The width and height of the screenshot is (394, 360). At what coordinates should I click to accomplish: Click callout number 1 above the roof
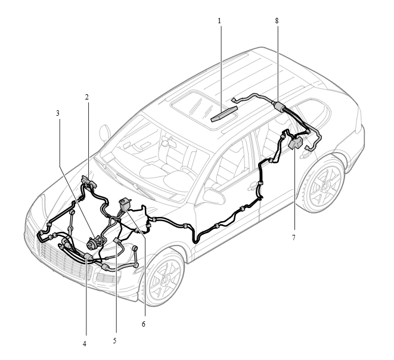(x=219, y=21)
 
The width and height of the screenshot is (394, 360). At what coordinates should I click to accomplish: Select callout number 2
(x=86, y=97)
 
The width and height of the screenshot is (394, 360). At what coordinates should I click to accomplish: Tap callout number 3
(x=58, y=113)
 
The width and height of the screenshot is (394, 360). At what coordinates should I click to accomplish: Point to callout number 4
(x=85, y=344)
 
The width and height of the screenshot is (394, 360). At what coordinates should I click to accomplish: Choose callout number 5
(x=114, y=341)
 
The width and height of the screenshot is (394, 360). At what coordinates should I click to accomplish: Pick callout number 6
(x=144, y=324)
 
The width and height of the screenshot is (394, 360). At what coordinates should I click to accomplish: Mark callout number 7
(x=293, y=237)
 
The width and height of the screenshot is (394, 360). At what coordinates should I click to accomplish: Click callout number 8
(x=277, y=21)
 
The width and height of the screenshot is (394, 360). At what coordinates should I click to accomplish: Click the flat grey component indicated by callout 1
(x=224, y=114)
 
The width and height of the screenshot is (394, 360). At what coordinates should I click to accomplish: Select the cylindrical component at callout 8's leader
(x=279, y=105)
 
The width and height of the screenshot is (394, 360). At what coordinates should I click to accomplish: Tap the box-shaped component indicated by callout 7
(x=296, y=144)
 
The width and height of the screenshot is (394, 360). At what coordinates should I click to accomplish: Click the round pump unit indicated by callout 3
(x=92, y=243)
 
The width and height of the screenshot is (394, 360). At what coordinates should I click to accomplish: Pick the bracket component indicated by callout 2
(x=89, y=182)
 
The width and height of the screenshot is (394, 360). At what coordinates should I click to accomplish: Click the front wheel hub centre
(x=165, y=278)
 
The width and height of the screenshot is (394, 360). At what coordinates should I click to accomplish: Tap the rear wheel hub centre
(x=325, y=186)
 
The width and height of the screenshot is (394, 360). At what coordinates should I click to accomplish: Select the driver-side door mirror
(x=213, y=196)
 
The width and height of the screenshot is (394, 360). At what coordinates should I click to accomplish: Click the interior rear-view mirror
(x=165, y=143)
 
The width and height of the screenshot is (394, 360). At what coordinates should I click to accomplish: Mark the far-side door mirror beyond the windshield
(x=104, y=133)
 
